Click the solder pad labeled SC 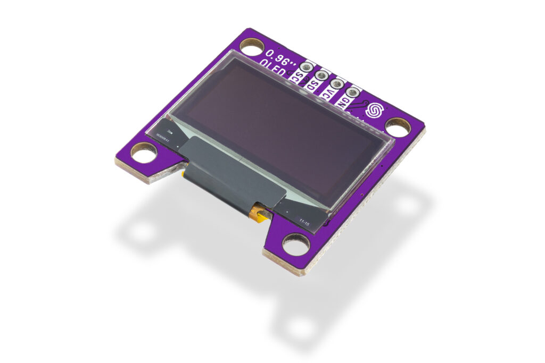click(x=307, y=67)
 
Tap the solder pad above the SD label click(x=321, y=76)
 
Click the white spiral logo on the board click(x=375, y=110)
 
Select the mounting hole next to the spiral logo click(x=398, y=126)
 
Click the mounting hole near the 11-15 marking click(x=296, y=244)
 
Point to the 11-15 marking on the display click(x=304, y=222)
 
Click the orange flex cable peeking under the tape click(x=260, y=214)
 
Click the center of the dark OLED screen click(x=277, y=133)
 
